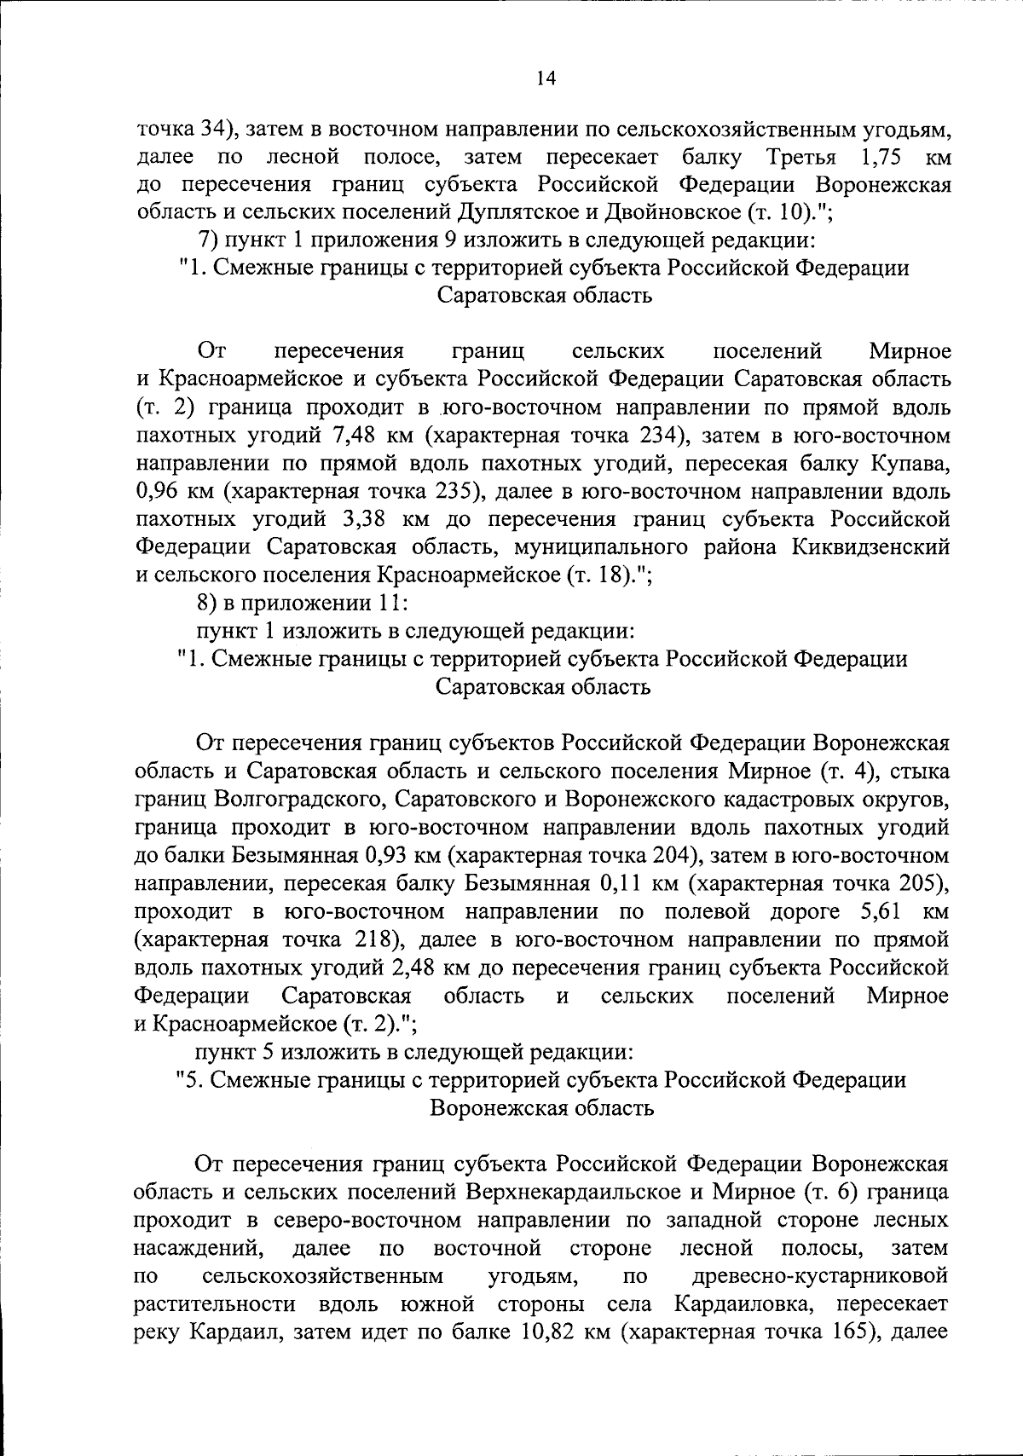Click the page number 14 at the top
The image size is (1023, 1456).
(x=546, y=78)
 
